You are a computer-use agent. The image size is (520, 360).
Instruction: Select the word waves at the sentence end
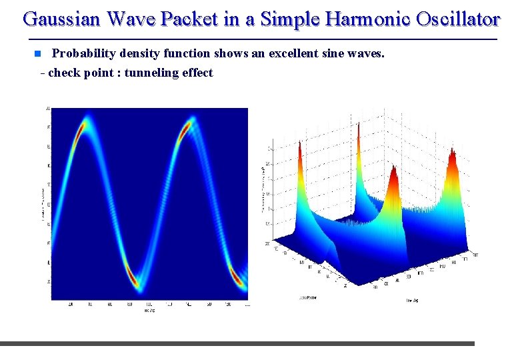(x=369, y=53)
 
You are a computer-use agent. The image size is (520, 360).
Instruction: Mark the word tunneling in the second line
(x=151, y=73)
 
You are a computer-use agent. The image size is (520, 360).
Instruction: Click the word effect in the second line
(x=197, y=73)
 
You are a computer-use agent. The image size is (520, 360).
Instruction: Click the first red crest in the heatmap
(x=82, y=127)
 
